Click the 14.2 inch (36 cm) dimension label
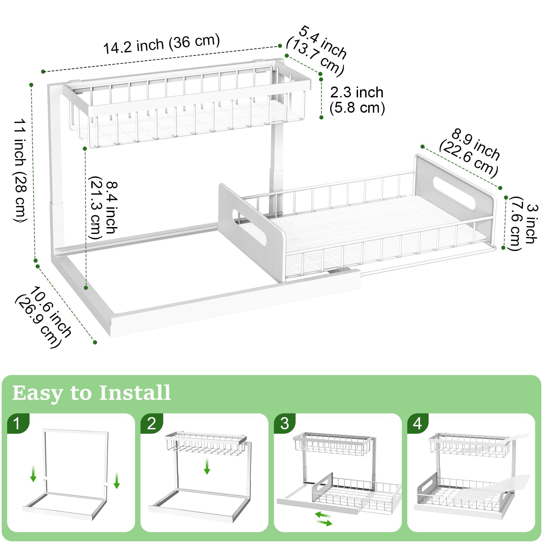click(x=162, y=44)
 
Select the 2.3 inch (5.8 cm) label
click(x=357, y=100)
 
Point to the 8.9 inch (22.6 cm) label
click(x=470, y=153)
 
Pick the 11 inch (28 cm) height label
click(x=20, y=170)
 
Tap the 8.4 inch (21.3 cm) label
click(x=104, y=208)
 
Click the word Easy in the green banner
click(x=37, y=393)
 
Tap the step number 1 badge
click(x=17, y=424)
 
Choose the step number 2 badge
click(x=151, y=424)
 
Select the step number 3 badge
click(x=285, y=424)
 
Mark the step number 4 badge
click(x=417, y=424)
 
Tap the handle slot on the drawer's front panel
click(x=249, y=227)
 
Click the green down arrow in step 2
click(x=207, y=466)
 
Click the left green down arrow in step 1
click(x=33, y=474)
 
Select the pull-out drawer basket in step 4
click(x=462, y=495)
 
